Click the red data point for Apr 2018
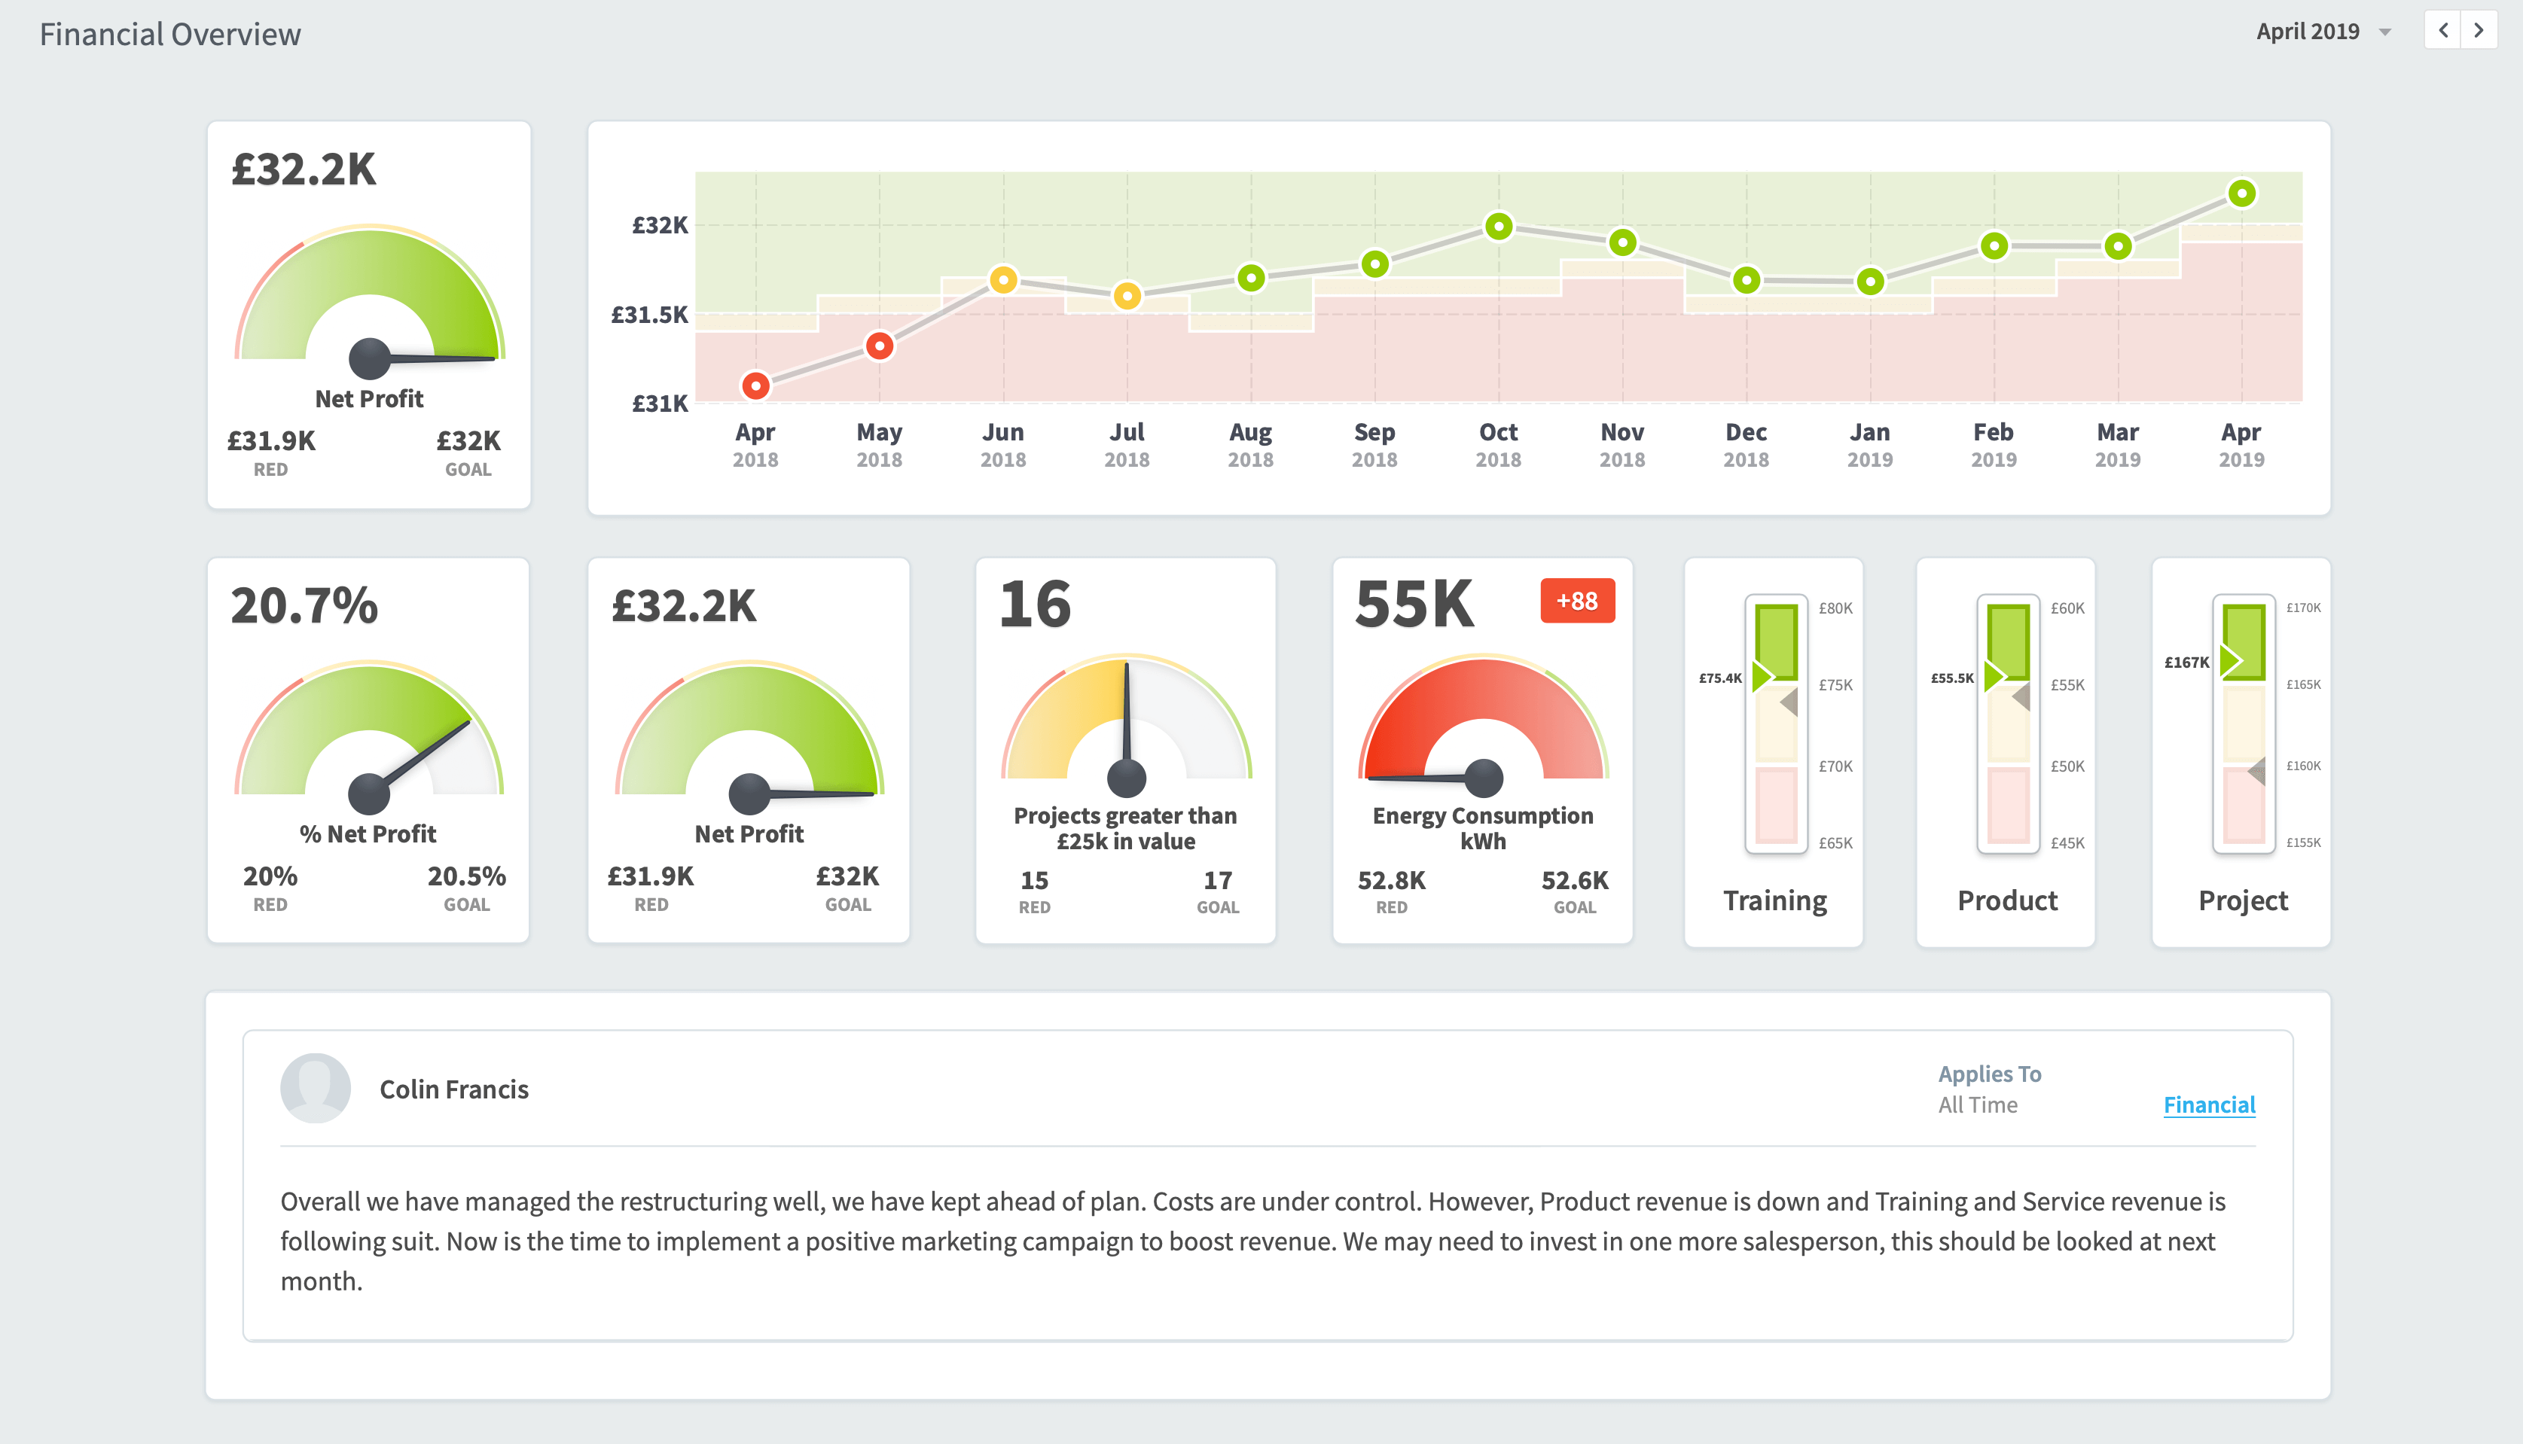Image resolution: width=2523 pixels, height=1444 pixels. (x=755, y=385)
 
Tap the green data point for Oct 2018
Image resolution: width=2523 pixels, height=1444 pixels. (x=1498, y=226)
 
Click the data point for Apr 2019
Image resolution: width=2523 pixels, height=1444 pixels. (x=2241, y=193)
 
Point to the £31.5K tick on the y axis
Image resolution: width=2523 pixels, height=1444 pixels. (x=649, y=315)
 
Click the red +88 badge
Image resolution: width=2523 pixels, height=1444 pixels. (x=1576, y=601)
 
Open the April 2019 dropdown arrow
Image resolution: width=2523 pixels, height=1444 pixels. (x=2385, y=32)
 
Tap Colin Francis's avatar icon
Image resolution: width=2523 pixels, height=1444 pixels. (x=316, y=1088)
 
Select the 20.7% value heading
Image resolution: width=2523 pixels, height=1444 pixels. (x=304, y=605)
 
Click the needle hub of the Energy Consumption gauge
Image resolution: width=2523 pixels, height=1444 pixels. (x=1483, y=778)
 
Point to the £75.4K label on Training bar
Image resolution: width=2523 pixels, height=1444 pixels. (x=1719, y=678)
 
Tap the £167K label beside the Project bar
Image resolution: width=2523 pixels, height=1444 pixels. (x=2186, y=662)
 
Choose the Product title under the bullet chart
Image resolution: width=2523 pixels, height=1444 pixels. (x=2006, y=900)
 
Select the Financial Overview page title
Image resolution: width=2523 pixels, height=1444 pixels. (x=169, y=34)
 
